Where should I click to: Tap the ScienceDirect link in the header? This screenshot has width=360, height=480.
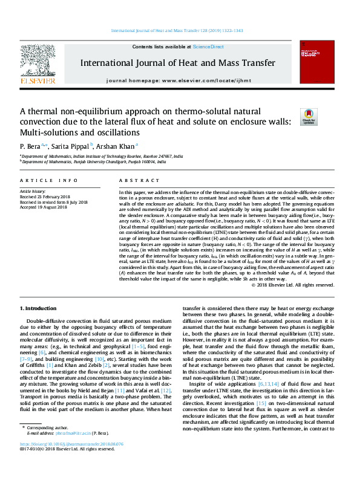tap(208, 47)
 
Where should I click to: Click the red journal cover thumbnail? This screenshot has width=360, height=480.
tap(318, 63)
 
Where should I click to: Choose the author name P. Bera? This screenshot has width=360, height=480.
tap(31, 146)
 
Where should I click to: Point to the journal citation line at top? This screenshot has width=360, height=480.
tap(180, 30)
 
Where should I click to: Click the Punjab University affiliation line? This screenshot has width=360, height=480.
tap(93, 161)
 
